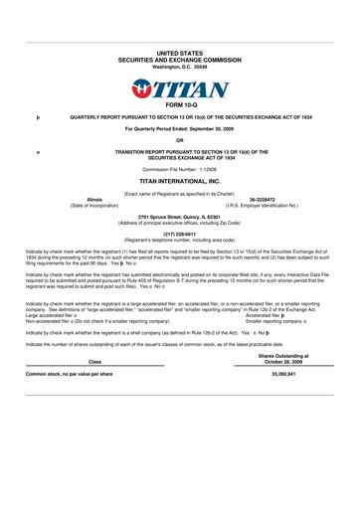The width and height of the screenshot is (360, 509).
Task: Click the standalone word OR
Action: tap(180, 140)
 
